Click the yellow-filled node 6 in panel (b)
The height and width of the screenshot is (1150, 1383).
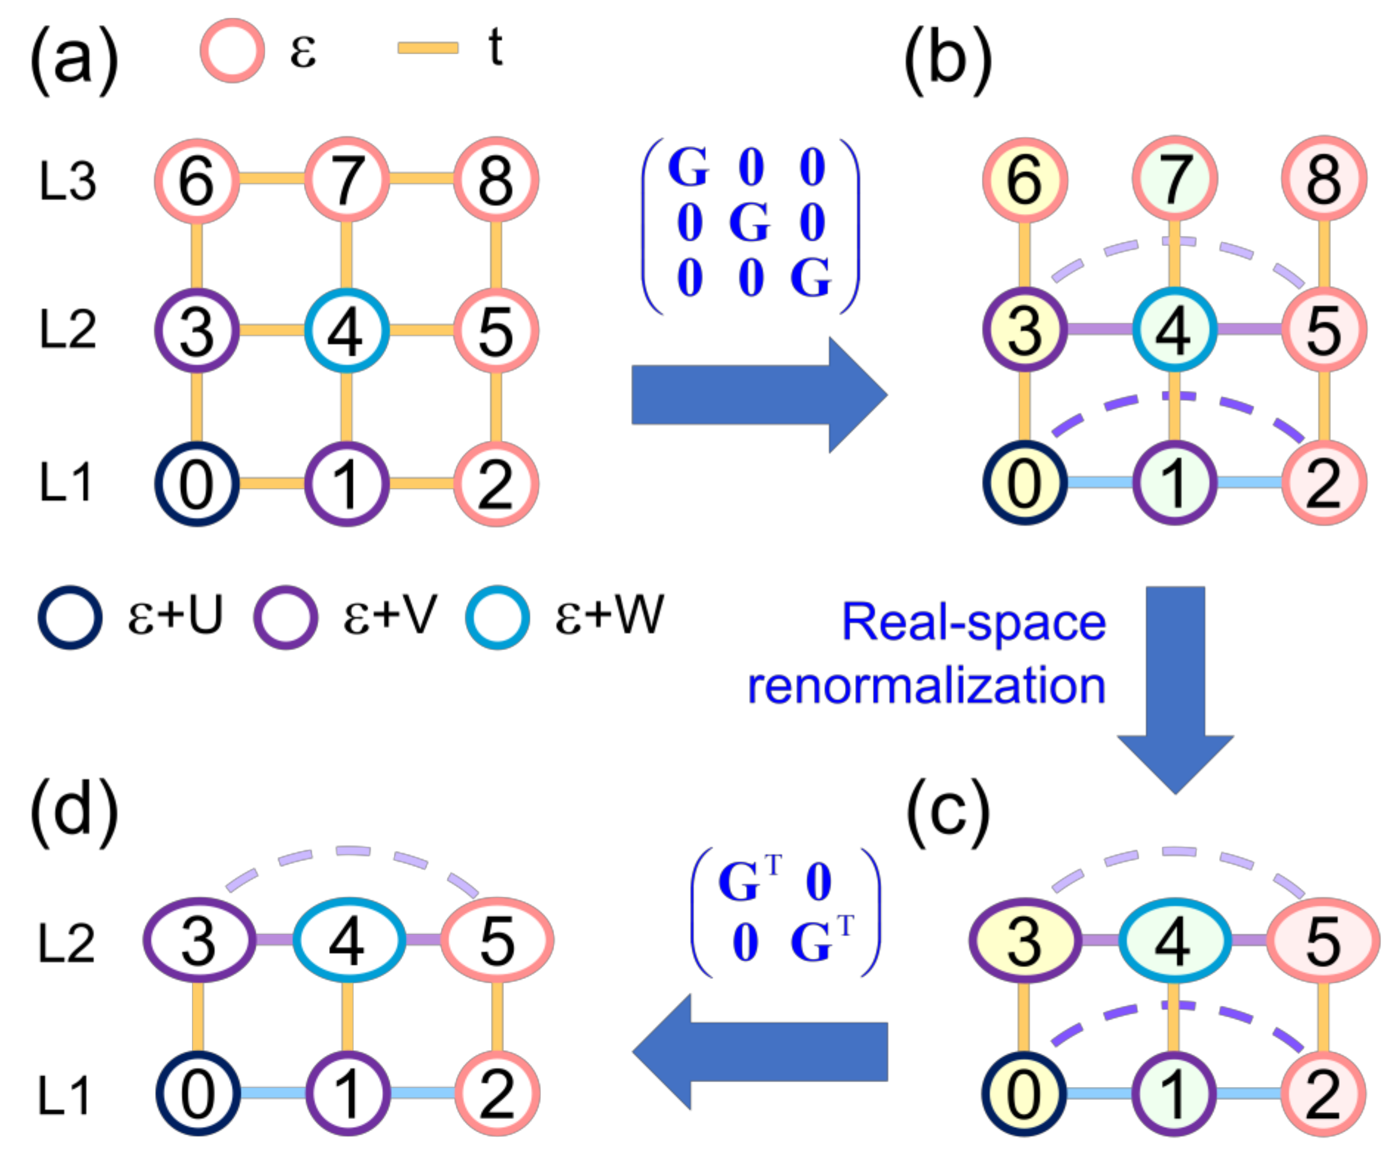tap(1025, 179)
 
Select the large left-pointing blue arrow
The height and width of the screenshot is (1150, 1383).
tap(757, 1052)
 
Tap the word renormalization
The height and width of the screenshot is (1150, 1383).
tap(926, 687)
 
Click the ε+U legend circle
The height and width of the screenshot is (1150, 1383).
tap(70, 617)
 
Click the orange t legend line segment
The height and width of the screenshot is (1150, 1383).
tap(428, 48)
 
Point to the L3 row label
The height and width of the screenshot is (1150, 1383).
tap(67, 181)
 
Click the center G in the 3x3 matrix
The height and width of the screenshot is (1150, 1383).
tap(749, 222)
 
